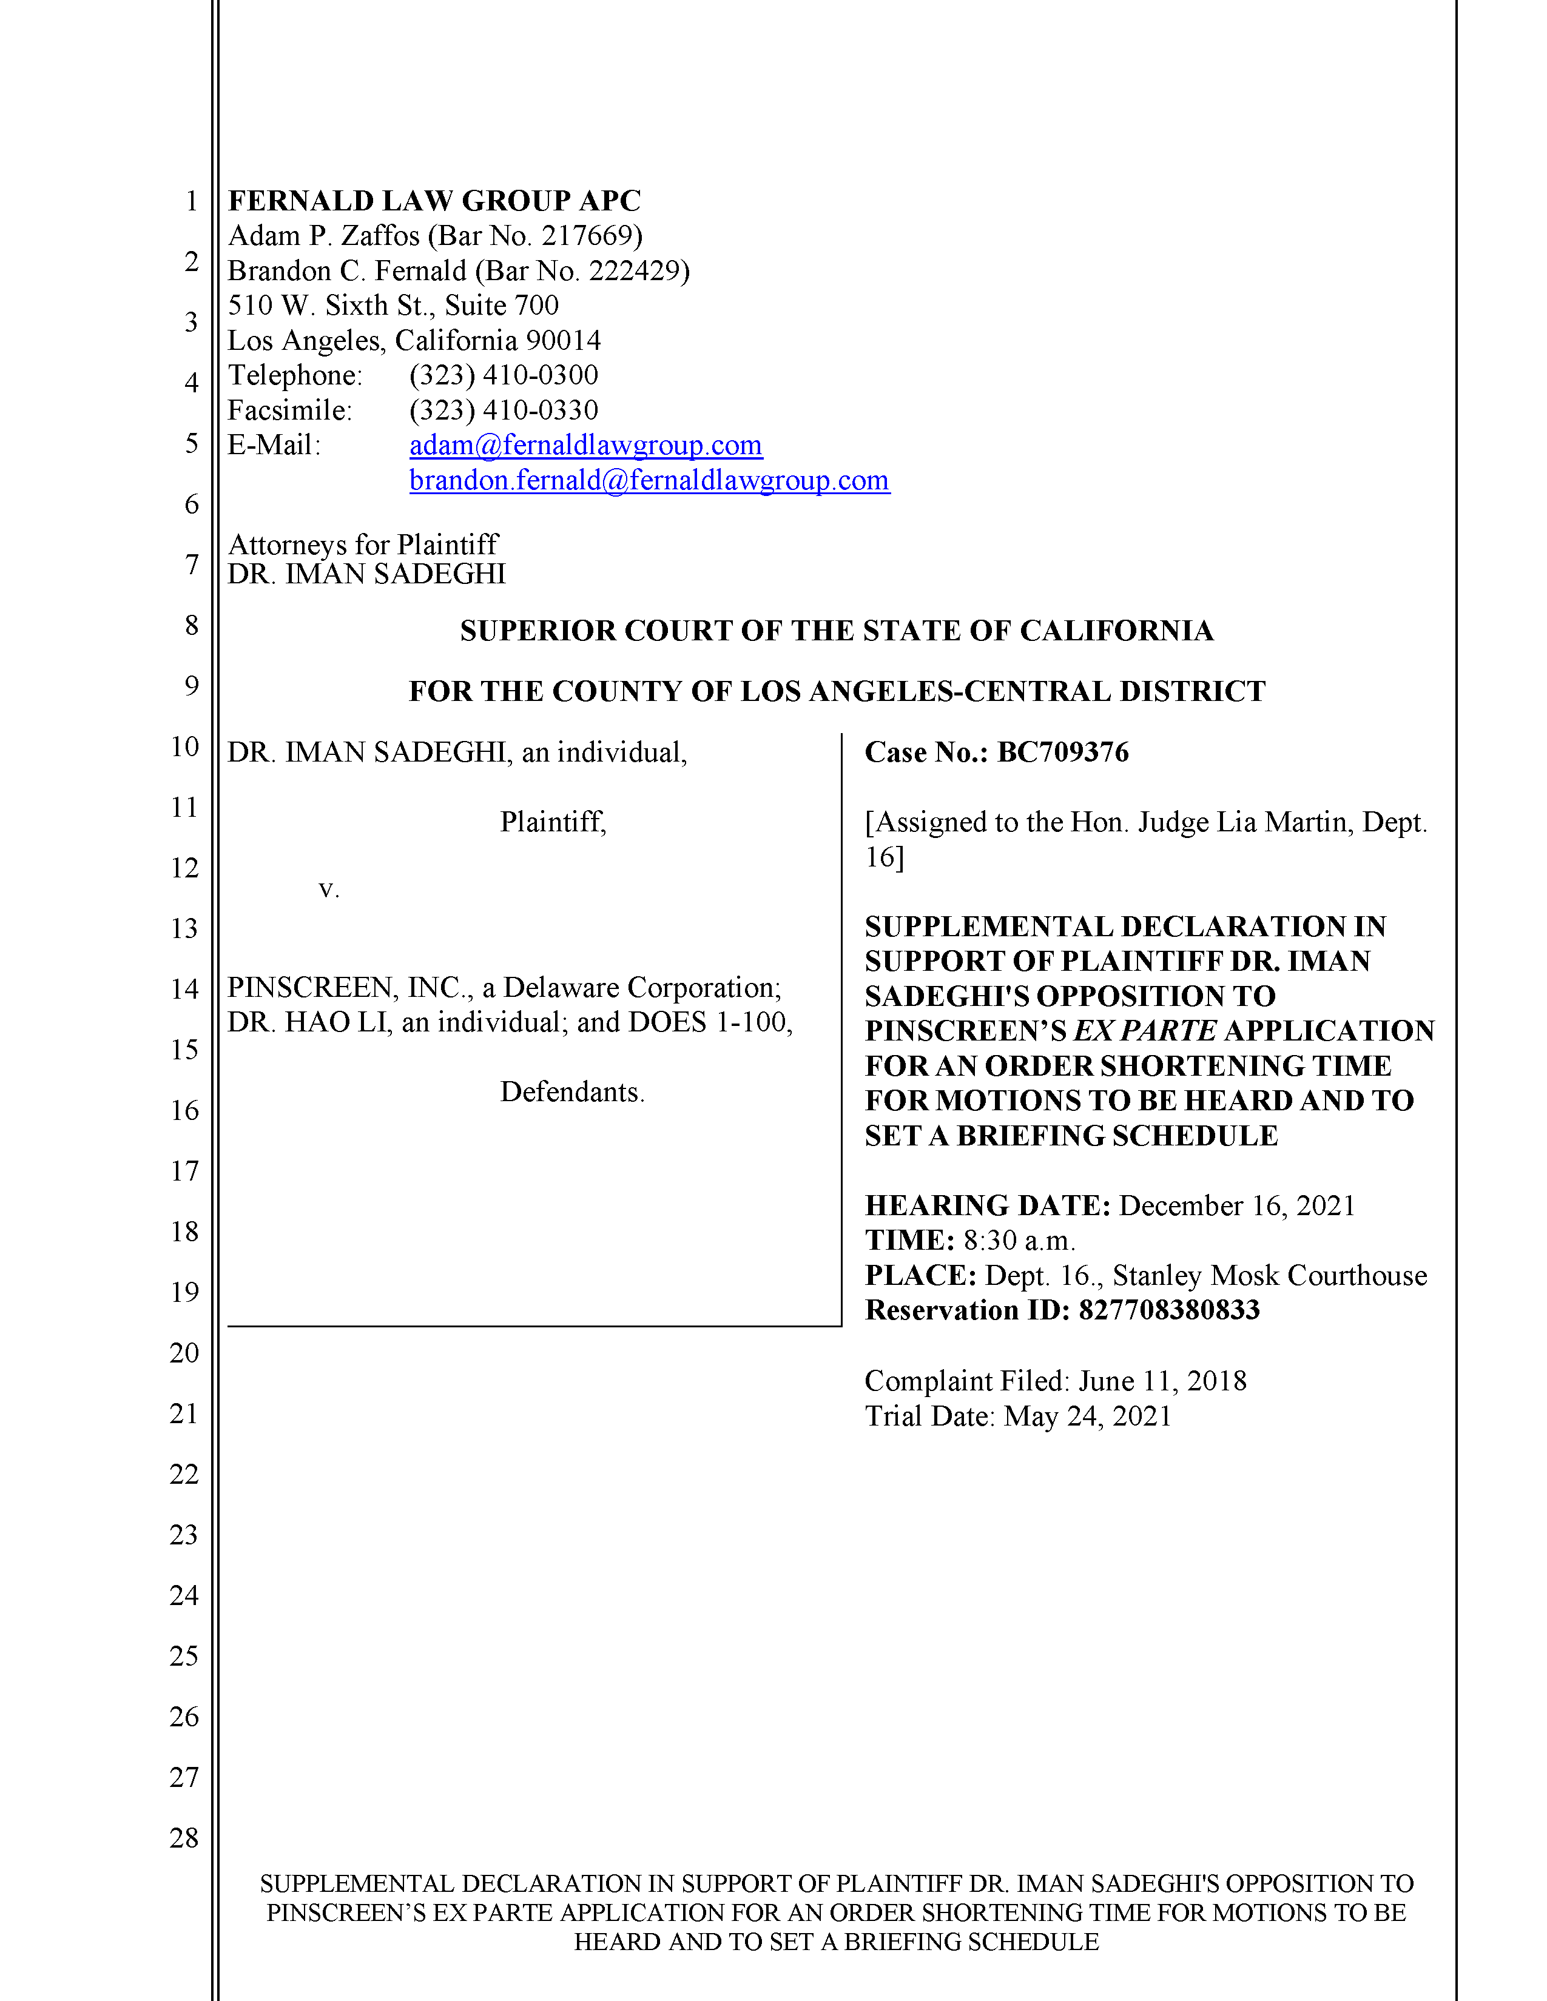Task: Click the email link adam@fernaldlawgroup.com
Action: [585, 445]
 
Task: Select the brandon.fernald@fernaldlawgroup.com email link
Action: [649, 480]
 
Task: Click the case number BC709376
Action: [1062, 752]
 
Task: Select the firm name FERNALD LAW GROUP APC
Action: [434, 201]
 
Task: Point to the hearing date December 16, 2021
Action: [1236, 1205]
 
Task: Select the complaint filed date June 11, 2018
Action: [1162, 1381]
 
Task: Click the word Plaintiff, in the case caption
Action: [553, 822]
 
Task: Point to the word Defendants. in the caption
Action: [572, 1092]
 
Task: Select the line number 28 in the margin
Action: [184, 1838]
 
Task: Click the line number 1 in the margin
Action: [192, 201]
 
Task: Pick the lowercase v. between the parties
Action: [329, 890]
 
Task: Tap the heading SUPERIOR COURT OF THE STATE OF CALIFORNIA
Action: [836, 631]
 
